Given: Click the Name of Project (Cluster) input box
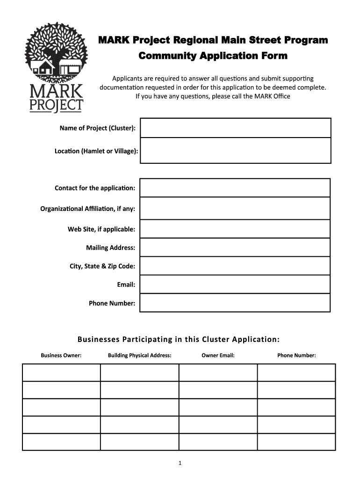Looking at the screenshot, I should click(x=235, y=128).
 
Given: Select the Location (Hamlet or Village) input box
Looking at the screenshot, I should click(x=235, y=150).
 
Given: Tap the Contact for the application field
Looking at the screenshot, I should click(x=235, y=188).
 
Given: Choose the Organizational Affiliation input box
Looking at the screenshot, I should click(x=235, y=208).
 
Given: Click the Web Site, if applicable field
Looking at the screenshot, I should click(x=235, y=229).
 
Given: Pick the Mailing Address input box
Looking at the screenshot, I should click(x=235, y=247).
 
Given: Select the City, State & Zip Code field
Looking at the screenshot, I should click(x=235, y=266).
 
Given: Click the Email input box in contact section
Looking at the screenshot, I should click(x=235, y=284).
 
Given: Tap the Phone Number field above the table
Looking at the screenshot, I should click(x=235, y=303).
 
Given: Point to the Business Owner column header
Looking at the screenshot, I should click(x=61, y=356).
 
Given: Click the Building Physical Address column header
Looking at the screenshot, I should click(x=139, y=356).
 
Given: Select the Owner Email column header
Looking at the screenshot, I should click(x=218, y=356).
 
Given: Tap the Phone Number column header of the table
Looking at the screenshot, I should click(x=296, y=356).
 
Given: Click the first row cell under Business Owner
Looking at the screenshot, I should click(x=61, y=372).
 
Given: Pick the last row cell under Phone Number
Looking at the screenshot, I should click(x=296, y=442).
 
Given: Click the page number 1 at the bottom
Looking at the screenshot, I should click(x=180, y=464).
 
